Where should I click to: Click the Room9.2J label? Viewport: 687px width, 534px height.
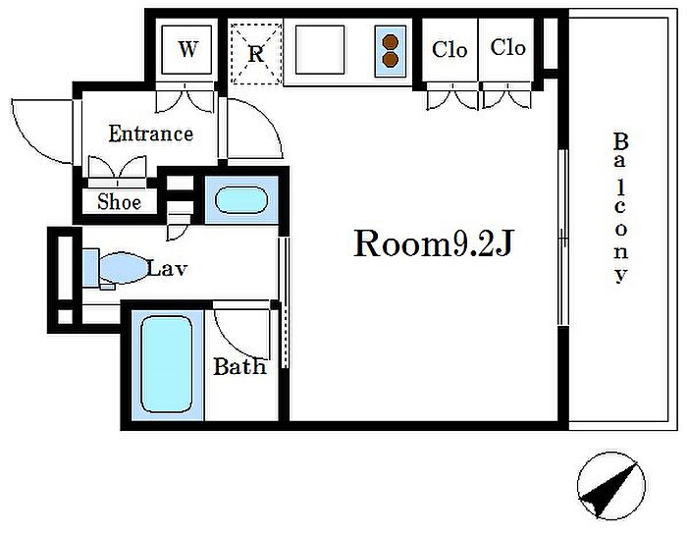433,243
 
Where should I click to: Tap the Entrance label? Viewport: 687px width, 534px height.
151,133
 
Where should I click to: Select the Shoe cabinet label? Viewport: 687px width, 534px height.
119,201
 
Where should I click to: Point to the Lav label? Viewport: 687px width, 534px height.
167,268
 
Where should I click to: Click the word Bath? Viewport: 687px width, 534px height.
239,366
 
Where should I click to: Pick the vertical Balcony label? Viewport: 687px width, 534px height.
620,208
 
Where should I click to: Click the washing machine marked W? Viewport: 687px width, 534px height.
187,49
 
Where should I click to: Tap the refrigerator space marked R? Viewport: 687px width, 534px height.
256,53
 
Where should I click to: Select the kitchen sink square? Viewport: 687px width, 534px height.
320,49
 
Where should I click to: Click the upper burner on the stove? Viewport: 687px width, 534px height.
390,42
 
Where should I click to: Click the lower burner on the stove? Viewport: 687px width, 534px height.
390,59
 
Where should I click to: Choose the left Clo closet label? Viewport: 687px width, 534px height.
449,49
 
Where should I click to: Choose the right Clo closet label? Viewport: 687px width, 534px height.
507,47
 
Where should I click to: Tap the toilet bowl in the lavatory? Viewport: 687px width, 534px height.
123,268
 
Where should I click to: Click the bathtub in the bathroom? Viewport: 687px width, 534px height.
167,364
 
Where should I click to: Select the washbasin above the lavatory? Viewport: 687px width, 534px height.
241,200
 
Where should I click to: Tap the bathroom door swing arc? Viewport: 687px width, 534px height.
233,341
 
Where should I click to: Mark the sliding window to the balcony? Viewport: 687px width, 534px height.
563,238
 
